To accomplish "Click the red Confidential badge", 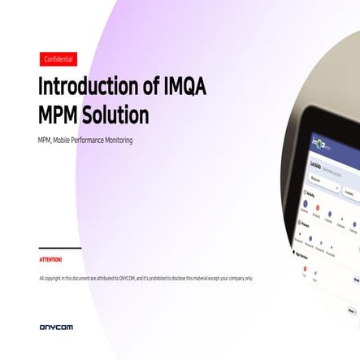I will point(59,59).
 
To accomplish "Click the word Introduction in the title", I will point(88,87).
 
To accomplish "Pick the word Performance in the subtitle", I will point(87,141).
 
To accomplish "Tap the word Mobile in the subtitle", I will point(63,141).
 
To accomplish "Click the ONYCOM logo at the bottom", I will point(56,327).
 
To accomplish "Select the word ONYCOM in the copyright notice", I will point(127,279).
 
